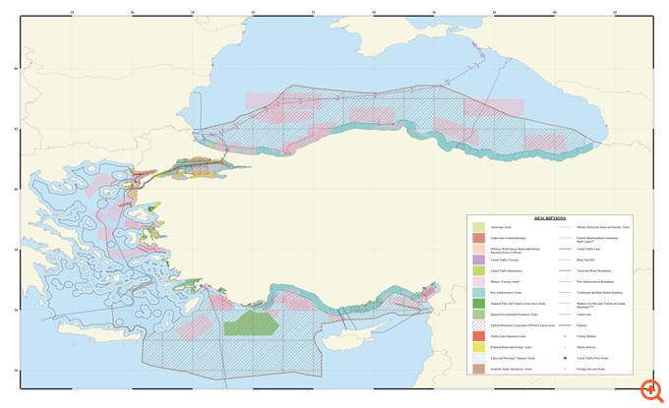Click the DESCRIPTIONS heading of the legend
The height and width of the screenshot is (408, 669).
549,219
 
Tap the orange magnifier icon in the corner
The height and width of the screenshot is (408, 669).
647,389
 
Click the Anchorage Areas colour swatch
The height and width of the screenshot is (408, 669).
478,226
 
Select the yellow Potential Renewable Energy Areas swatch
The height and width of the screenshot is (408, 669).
478,348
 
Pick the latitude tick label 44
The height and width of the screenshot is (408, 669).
15,68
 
